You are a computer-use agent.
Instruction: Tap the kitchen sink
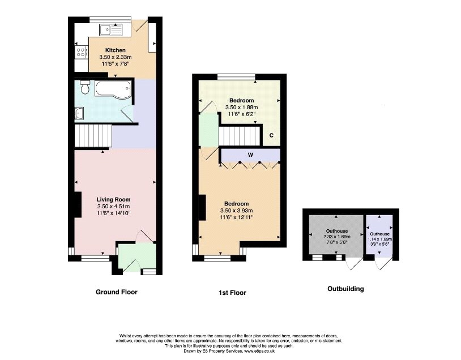[109, 30]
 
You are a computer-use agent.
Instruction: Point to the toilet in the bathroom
[85, 88]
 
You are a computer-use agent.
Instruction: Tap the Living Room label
[113, 199]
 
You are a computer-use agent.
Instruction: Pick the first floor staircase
[238, 136]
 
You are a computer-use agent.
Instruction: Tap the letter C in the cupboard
[271, 135]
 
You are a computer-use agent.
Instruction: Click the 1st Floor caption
[232, 293]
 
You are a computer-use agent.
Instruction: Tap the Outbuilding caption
[345, 289]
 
